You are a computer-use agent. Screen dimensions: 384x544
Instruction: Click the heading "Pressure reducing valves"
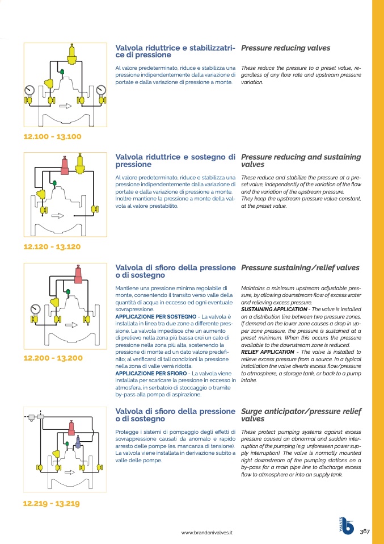pos(285,48)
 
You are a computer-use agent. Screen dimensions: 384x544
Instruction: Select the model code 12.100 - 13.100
pos(53,137)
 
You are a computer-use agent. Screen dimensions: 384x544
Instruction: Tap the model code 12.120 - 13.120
pos(52,247)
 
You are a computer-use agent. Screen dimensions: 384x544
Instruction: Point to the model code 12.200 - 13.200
pos(53,358)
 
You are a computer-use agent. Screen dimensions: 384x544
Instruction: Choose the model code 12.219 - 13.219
pos(51,504)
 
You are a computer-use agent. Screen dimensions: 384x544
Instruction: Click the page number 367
pos(365,532)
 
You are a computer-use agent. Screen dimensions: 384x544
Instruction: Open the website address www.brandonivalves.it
pos(207,533)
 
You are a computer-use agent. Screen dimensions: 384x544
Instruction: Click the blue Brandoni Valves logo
pos(347,525)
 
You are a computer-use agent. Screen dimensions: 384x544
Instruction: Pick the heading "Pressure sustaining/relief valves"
pos(300,268)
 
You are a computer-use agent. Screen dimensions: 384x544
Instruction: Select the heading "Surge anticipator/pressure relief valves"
pos(301,415)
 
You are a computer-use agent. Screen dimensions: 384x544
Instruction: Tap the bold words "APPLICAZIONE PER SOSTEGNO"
pos(156,317)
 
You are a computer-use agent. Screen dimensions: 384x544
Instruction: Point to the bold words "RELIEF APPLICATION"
pos(268,352)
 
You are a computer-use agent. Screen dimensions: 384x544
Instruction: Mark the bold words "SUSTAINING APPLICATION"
pos(274,309)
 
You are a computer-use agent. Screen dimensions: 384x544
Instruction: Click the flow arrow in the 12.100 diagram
pos(65,106)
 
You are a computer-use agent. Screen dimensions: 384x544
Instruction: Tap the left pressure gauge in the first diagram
pos(29,90)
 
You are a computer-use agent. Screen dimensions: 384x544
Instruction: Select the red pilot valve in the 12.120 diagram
pos(65,165)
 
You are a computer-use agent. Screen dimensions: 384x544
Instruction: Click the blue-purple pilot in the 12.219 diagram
pos(78,441)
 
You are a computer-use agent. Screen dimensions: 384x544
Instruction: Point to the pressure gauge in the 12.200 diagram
pos(35,309)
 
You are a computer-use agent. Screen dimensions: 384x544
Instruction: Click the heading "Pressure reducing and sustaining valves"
pos(301,161)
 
